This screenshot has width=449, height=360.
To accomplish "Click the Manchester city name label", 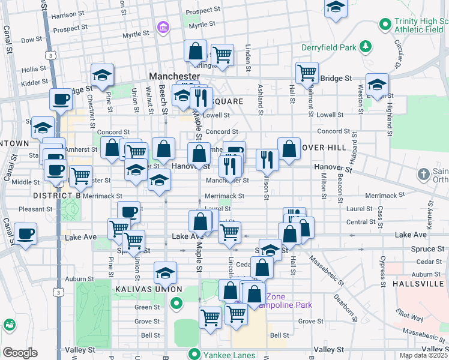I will pyautogui.click(x=174, y=77).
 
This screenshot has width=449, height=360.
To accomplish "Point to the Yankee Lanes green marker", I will pyautogui.click(x=194, y=353).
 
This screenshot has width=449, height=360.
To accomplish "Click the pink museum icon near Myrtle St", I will pyautogui.click(x=161, y=28).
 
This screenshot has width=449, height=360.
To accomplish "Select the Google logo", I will pyautogui.click(x=20, y=352).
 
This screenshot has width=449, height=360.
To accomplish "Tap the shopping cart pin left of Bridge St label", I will pyautogui.click(x=307, y=73).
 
